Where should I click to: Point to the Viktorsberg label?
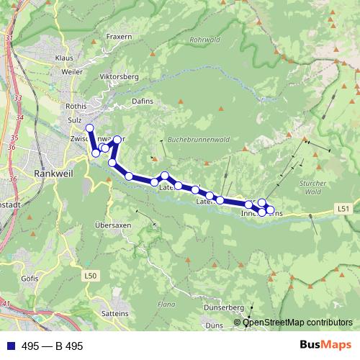click(120, 76)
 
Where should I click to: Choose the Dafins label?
click(144, 102)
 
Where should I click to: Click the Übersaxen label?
click(114, 225)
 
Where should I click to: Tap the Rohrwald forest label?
click(205, 40)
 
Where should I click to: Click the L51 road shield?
click(345, 208)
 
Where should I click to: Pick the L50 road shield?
click(90, 275)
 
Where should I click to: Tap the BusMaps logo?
click(321, 346)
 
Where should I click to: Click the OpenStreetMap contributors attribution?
click(297, 323)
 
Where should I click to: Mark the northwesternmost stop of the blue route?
click(89, 128)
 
